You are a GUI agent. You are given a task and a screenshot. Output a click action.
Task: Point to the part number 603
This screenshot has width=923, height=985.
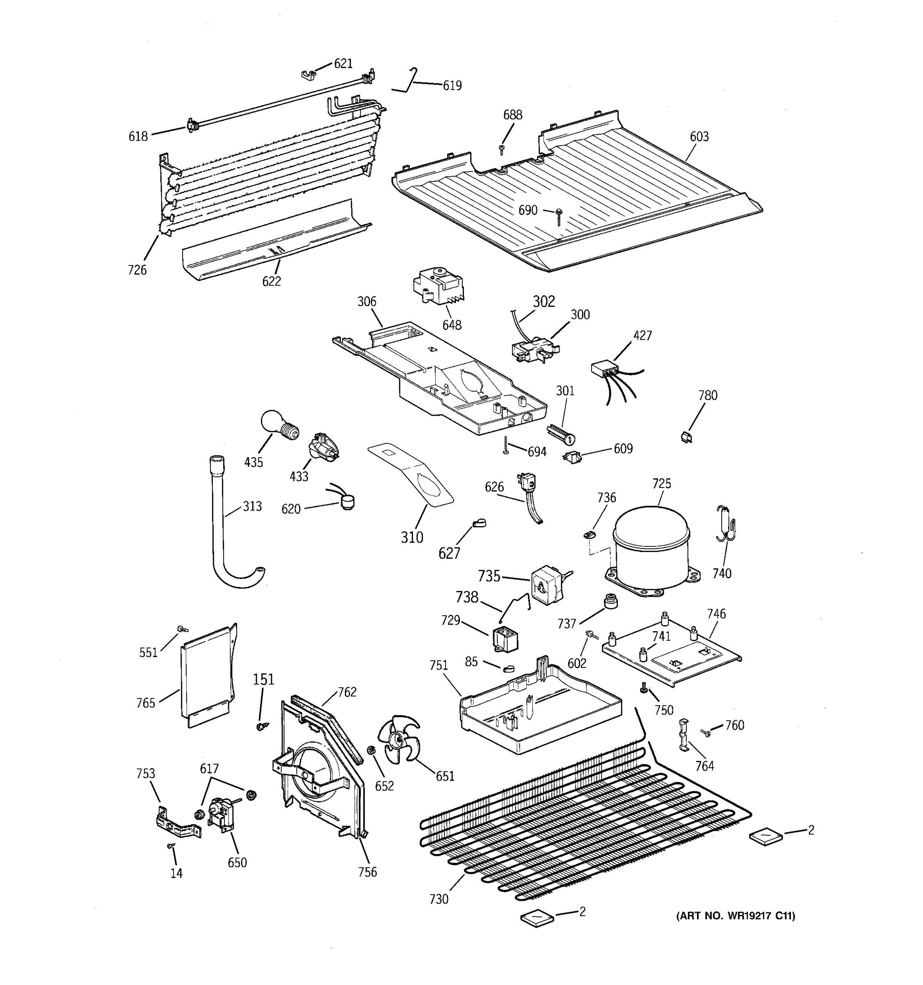coord(699,137)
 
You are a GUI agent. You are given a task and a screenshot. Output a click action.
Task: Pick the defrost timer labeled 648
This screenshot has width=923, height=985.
coord(438,286)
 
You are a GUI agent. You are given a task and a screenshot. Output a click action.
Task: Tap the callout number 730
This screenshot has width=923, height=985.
coord(439,899)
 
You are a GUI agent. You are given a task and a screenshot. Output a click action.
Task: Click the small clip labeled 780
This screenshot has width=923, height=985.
coord(686,437)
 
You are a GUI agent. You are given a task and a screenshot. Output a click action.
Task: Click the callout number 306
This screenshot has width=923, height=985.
coord(367,302)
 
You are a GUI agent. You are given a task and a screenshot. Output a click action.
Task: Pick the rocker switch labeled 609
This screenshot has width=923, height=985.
coord(573,457)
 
